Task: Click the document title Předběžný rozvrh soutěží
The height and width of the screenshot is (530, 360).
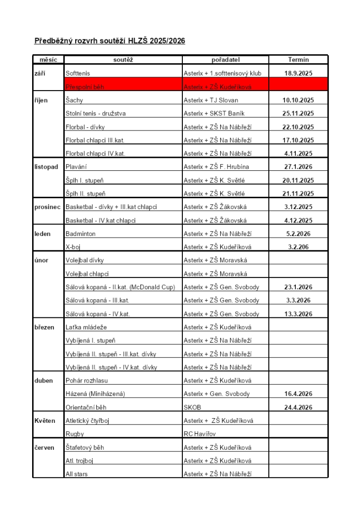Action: pyautogui.click(x=109, y=40)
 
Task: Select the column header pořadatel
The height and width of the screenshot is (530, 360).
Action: pyautogui.click(x=225, y=60)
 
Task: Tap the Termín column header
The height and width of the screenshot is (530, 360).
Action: pyautogui.click(x=298, y=60)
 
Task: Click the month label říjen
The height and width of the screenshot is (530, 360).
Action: pyautogui.click(x=41, y=100)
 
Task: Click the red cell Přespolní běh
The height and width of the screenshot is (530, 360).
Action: pyautogui.click(x=85, y=87)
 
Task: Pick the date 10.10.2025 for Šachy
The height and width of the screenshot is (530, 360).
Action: pyautogui.click(x=298, y=100)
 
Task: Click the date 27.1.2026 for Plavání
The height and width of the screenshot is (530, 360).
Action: pyautogui.click(x=298, y=167)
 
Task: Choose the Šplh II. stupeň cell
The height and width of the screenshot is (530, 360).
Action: pyautogui.click(x=85, y=194)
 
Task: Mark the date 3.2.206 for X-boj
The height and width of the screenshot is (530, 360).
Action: pyautogui.click(x=298, y=247)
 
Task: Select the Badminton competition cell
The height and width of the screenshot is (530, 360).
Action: pyautogui.click(x=80, y=234)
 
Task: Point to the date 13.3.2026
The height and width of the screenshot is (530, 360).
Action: pyautogui.click(x=298, y=314)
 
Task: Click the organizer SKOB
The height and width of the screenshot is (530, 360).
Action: pyautogui.click(x=192, y=407)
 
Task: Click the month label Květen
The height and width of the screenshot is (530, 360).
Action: pyautogui.click(x=45, y=421)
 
